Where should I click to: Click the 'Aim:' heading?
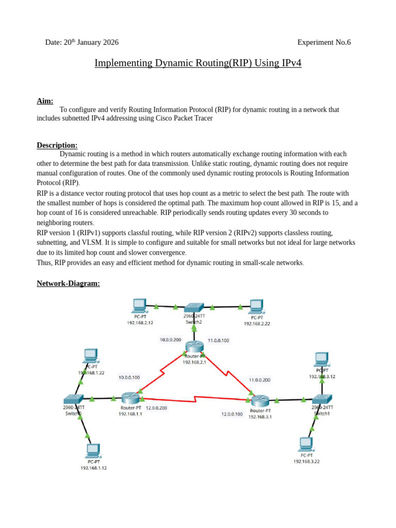(x=45, y=101)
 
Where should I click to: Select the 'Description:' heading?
(x=57, y=145)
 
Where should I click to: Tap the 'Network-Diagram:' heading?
(x=68, y=284)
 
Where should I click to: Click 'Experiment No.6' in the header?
(x=324, y=42)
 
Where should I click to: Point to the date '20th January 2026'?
(x=91, y=42)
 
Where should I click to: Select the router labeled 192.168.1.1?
(x=130, y=398)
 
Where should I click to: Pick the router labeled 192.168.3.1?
(x=260, y=400)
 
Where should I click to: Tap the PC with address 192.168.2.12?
(x=140, y=306)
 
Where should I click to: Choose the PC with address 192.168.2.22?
(x=256, y=306)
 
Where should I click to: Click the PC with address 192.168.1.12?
(x=93, y=451)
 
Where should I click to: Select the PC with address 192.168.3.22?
(x=306, y=444)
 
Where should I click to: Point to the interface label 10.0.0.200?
(x=170, y=340)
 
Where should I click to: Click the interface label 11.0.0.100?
(x=218, y=340)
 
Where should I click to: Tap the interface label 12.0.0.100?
(x=232, y=414)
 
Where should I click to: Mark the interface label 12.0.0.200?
(x=156, y=407)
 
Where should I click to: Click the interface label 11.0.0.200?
(x=259, y=379)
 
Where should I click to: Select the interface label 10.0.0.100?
(x=129, y=377)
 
